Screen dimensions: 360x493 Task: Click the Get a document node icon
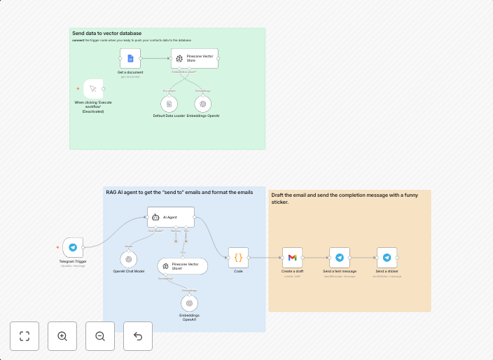click(130, 59)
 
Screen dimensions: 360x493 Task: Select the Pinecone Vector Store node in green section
click(195, 59)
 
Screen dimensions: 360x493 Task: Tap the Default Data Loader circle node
click(169, 104)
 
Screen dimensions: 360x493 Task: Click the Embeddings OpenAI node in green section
click(202, 104)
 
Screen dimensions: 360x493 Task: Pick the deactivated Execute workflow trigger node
click(93, 89)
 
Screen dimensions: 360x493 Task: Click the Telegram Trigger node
click(73, 247)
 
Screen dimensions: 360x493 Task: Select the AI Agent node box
click(169, 217)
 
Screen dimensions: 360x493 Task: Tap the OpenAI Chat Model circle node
click(129, 259)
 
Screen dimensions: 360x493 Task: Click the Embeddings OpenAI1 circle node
click(189, 303)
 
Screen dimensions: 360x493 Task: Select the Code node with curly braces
click(238, 258)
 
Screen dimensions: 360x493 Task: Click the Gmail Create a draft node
click(292, 258)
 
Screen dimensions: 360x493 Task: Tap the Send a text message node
click(340, 258)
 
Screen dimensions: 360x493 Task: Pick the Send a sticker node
click(387, 258)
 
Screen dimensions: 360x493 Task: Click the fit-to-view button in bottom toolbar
click(25, 336)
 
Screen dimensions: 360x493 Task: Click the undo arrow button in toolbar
click(138, 336)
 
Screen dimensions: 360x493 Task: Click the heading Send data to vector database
click(106, 34)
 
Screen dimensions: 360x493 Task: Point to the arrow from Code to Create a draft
click(266, 258)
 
